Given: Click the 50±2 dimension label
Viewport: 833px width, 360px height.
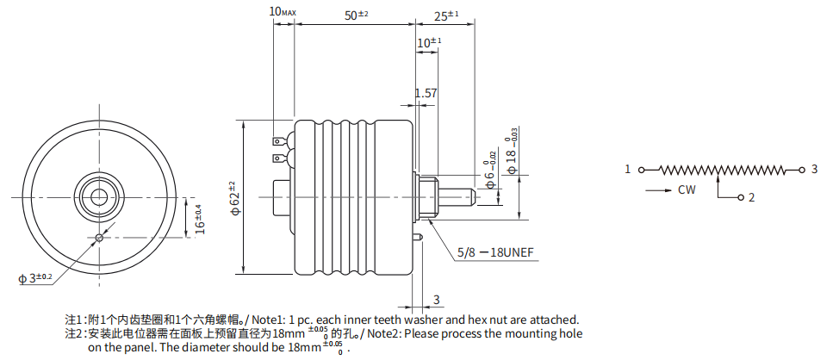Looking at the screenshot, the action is coord(356,16).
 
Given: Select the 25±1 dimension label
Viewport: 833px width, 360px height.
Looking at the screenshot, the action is coord(446,16).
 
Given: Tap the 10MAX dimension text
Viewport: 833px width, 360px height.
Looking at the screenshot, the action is coord(283,11).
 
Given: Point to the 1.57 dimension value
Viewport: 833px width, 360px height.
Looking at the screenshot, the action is coord(426,94).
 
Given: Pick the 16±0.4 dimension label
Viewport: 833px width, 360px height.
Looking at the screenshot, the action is coord(200,220).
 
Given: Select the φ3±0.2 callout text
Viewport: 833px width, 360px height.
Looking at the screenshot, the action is coord(35,277).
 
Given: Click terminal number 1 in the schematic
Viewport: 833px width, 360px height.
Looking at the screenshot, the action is coord(627,170).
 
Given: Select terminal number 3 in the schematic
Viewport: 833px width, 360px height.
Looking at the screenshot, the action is coord(814,170).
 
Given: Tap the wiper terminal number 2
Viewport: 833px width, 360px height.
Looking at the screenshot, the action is coord(752,198).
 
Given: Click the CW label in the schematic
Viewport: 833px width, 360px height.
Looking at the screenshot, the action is coord(687,189).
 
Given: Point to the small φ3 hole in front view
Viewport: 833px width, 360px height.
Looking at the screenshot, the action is coord(99,238).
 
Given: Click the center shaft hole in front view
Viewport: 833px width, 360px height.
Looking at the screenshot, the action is coord(98,196).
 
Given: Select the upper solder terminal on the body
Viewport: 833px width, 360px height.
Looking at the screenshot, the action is coord(282,142).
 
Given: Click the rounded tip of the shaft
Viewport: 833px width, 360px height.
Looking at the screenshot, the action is coord(472,197).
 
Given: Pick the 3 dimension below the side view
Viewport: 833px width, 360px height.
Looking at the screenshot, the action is coord(436,300).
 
